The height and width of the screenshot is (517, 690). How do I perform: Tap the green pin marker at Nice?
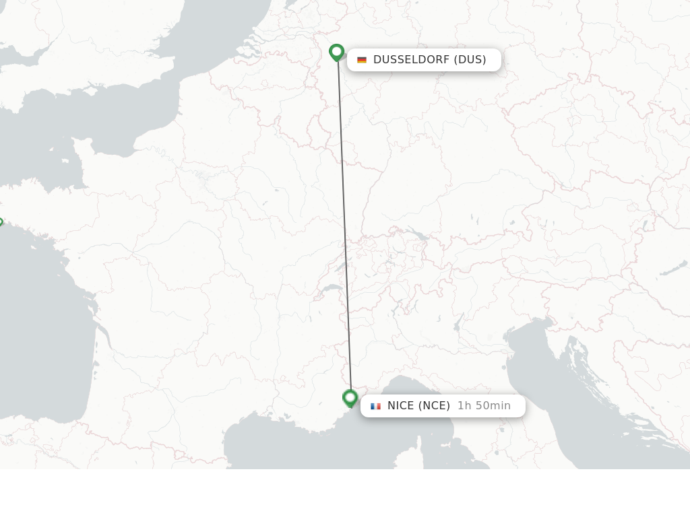(x=350, y=398)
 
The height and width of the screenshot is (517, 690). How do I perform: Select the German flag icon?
(x=362, y=60)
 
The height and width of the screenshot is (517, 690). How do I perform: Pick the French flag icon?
(x=375, y=406)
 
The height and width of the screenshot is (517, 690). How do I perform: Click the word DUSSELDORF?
(x=411, y=60)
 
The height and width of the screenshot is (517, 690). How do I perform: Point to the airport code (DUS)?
(x=470, y=60)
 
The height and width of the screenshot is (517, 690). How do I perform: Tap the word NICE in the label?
(x=401, y=406)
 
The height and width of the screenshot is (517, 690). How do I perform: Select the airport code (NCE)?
(x=434, y=406)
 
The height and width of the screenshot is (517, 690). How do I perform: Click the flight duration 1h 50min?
(x=484, y=406)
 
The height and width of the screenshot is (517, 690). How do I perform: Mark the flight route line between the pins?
(x=344, y=229)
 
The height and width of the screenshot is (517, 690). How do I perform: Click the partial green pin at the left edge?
(x=1, y=223)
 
